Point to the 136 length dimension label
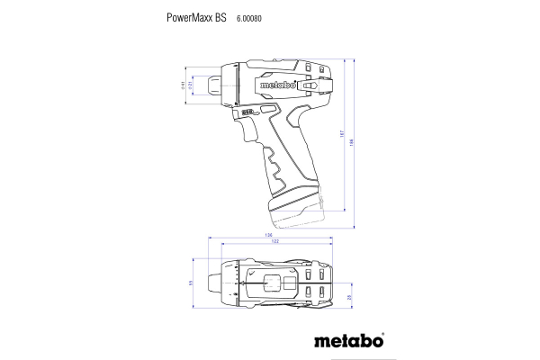(x=268, y=236)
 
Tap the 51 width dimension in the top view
(x=190, y=283)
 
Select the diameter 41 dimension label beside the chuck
(x=183, y=86)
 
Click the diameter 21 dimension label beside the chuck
(x=191, y=86)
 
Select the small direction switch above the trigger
(x=244, y=113)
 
